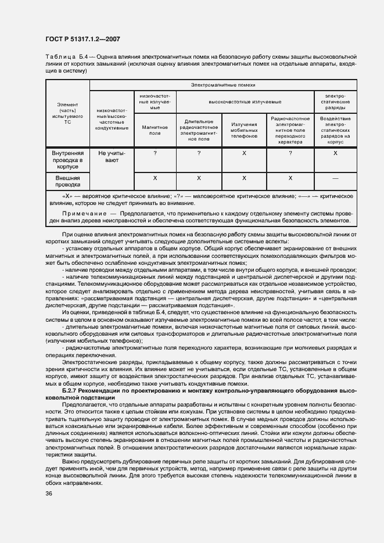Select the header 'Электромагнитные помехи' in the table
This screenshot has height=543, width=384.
pyautogui.click(x=223, y=85)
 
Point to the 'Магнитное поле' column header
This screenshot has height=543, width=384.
pyautogui.click(x=155, y=130)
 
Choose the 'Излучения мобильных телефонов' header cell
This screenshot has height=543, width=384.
pyautogui.click(x=244, y=130)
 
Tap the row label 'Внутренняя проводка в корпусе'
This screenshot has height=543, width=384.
pyautogui.click(x=67, y=160)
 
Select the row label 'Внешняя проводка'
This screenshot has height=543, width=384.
pyautogui.click(x=67, y=180)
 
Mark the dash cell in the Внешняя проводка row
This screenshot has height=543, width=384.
pyautogui.click(x=335, y=178)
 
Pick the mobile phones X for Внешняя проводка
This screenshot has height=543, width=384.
pyautogui.click(x=244, y=178)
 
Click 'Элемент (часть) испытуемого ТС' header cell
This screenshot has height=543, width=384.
pyautogui.click(x=67, y=114)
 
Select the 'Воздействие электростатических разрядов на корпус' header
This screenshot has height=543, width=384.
pyautogui.click(x=335, y=130)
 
